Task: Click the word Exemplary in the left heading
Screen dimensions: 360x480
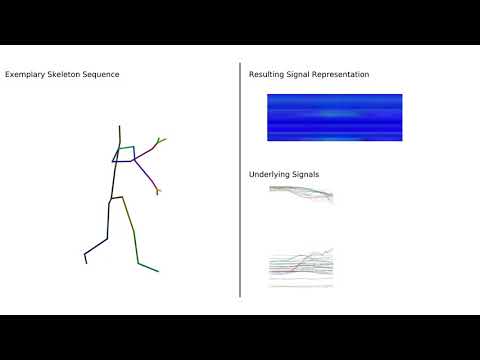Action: pos(24,75)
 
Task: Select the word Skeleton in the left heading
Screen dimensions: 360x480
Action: pos(63,75)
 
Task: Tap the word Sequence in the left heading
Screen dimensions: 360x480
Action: pos(102,75)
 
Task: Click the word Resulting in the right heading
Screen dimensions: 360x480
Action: pos(267,75)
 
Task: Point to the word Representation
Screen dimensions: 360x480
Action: pos(338,75)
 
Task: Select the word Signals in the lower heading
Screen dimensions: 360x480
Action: pos(307,175)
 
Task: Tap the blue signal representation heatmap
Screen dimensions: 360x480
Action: pos(334,117)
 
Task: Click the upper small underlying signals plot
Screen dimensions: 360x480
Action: pos(301,195)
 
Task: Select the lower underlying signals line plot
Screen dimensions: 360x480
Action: pos(301,267)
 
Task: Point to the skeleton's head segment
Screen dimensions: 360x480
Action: pos(119,136)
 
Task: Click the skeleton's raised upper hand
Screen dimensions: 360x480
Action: pos(160,141)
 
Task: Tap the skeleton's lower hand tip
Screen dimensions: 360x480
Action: pos(158,190)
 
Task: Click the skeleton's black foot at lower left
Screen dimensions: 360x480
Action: pos(87,257)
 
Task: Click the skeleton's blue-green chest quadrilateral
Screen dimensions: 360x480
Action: pos(126,155)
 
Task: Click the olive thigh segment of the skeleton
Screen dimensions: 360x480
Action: pos(127,215)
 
